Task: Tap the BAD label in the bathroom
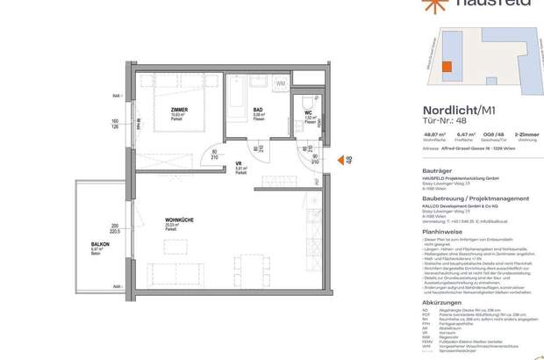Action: [260, 108]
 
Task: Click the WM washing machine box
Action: [280, 84]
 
